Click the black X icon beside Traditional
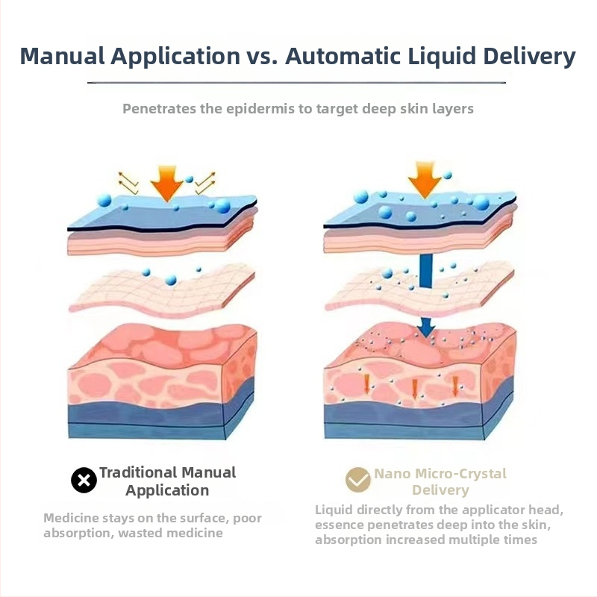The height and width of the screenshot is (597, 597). [x=84, y=481]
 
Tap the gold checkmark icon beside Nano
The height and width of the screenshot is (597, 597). [x=358, y=480]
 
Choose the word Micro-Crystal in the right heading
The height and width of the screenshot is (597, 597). [x=463, y=474]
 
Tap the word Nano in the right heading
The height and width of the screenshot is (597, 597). [x=393, y=474]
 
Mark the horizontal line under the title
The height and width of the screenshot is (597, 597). [x=297, y=82]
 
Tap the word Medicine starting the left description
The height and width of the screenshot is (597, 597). [x=71, y=518]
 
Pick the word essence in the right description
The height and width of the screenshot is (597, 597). [x=340, y=525]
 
